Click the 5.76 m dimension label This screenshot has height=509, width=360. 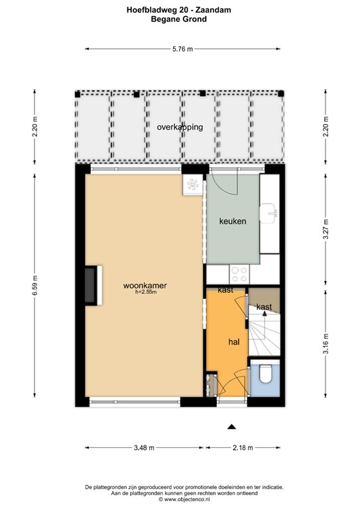(182, 49)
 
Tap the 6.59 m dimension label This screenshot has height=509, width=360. (35, 285)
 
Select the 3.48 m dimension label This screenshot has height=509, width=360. (144, 447)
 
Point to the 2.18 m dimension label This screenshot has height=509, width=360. (243, 447)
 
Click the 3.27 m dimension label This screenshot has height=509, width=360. (326, 229)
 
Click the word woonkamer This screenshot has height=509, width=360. (145, 286)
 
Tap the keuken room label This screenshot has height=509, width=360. (233, 221)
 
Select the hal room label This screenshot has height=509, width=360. (234, 341)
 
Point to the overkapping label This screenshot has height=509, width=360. (180, 127)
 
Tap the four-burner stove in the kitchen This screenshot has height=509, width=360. (239, 274)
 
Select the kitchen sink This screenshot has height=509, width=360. (268, 213)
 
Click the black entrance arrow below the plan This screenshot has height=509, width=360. (231, 427)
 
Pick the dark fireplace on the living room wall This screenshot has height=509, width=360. (91, 286)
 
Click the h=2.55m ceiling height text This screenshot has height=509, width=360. (146, 292)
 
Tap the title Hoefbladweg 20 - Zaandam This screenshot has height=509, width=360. (179, 10)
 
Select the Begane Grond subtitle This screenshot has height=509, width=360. (179, 19)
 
